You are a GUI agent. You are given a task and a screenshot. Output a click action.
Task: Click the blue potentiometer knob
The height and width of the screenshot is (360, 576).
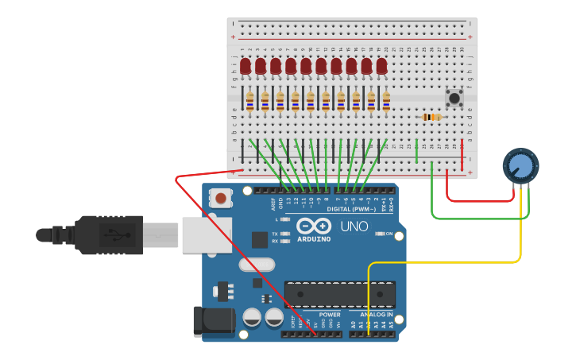[x=520, y=166]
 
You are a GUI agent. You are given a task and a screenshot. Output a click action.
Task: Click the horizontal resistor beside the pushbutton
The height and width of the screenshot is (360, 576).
[x=431, y=117]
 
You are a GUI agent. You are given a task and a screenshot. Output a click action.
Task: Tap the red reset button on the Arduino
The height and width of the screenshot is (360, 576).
[x=219, y=197]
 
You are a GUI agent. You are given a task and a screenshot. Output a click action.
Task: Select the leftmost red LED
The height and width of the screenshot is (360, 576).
[x=245, y=66]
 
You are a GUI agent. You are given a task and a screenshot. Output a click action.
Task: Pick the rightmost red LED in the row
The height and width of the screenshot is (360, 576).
[x=381, y=66]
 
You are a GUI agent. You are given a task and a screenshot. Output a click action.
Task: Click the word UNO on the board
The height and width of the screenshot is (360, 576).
[x=354, y=226]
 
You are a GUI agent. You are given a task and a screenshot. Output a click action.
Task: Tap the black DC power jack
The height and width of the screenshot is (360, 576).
[x=213, y=321]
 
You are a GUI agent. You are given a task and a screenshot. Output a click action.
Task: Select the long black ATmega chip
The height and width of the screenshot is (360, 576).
[x=340, y=294]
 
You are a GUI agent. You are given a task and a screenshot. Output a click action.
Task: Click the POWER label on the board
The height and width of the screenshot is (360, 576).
[x=329, y=315]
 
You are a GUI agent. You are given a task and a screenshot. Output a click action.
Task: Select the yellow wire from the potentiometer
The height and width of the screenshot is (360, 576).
[x=445, y=261]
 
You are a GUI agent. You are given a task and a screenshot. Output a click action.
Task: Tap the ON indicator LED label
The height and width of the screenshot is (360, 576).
[x=389, y=234]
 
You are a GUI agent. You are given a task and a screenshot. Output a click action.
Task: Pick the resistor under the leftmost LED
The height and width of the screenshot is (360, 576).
[x=249, y=100]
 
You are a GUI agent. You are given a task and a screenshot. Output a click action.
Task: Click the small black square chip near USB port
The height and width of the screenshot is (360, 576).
[x=260, y=239]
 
